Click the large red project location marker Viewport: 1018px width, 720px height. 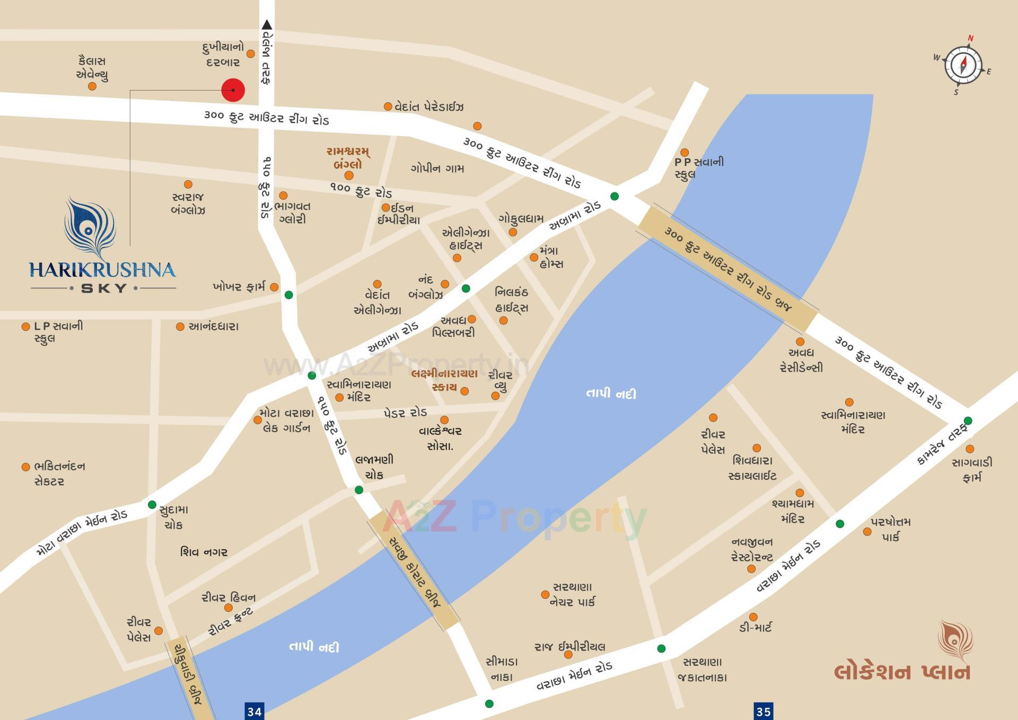coord(233,90)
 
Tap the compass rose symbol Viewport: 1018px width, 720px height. coord(962,65)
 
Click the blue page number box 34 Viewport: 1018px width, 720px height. coord(254,711)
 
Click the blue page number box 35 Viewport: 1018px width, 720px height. coord(763,711)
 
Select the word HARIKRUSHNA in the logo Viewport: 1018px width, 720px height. coord(102,269)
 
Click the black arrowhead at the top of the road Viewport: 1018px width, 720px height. coord(267,24)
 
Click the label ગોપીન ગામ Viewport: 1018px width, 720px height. coord(437,169)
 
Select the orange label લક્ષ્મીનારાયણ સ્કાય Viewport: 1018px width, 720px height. coord(444,380)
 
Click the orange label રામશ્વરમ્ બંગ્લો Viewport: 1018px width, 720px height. coord(348,158)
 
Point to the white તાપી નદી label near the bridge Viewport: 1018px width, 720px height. coord(611,393)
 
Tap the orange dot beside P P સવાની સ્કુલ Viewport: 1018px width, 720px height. coord(684,153)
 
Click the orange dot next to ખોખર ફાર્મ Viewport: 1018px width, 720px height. coord(274,287)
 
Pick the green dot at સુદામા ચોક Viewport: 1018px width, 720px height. coord(152,504)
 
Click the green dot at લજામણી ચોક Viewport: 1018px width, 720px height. coord(359,489)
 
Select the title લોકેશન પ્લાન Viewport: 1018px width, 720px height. coord(902,672)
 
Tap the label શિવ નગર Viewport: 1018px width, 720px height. coord(204,552)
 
